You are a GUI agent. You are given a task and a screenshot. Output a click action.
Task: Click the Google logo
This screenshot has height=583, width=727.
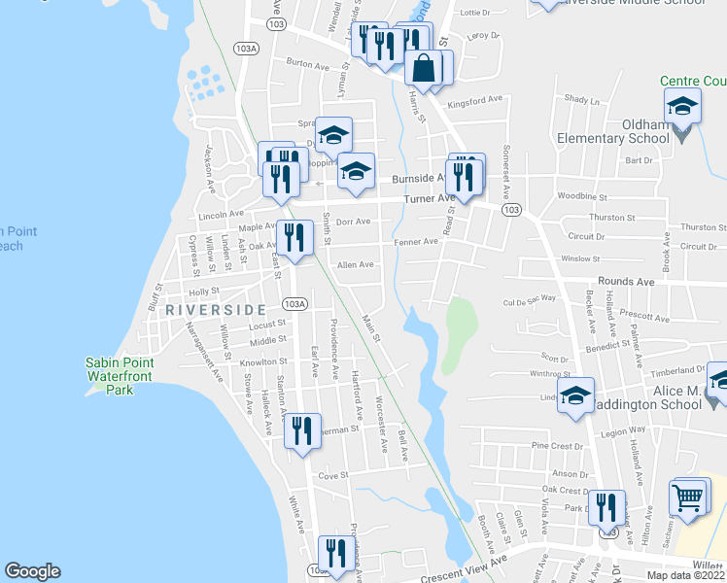[x=32, y=571]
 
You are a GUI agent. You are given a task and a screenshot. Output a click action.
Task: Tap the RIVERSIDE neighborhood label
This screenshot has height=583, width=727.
[x=215, y=309]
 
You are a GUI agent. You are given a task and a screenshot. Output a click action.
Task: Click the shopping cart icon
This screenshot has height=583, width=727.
[x=688, y=497]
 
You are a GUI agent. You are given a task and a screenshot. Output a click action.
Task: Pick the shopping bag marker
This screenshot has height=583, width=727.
[x=424, y=69]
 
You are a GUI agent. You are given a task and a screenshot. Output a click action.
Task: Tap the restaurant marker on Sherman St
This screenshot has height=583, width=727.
[x=302, y=430]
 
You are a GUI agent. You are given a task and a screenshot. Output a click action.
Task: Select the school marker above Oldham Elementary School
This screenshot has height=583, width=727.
[x=682, y=106]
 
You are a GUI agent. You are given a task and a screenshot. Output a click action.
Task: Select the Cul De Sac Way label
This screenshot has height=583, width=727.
[x=530, y=300]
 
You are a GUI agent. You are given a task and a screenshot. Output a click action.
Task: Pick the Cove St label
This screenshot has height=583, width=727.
[x=333, y=476]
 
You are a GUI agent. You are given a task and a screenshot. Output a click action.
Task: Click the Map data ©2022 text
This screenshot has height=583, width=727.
[x=685, y=575]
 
